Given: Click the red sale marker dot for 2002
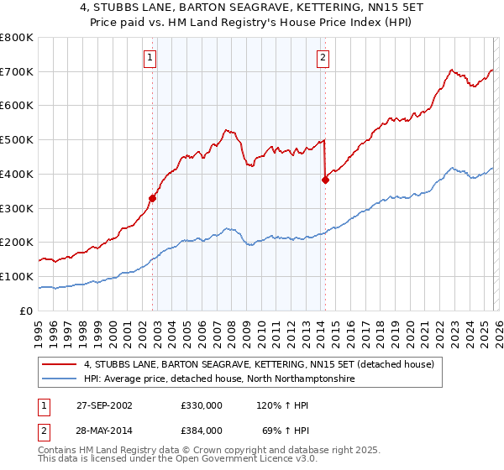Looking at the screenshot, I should pyautogui.click(x=153, y=198).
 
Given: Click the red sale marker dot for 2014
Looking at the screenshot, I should pyautogui.click(x=325, y=179).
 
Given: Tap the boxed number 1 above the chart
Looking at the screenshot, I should pyautogui.click(x=150, y=58).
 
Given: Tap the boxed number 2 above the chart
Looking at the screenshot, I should pyautogui.click(x=323, y=58).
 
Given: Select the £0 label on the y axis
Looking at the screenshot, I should pyautogui.click(x=25, y=311).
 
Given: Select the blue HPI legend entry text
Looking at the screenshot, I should pyautogui.click(x=219, y=379).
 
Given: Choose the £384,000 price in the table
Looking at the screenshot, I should pyautogui.click(x=201, y=430).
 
